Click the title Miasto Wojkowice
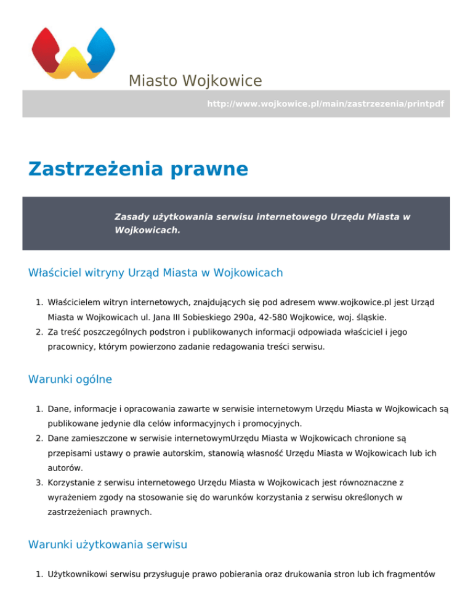195,81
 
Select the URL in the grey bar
325,104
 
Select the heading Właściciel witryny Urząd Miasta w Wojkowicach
155,272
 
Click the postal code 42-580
250,317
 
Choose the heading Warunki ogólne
70,379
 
